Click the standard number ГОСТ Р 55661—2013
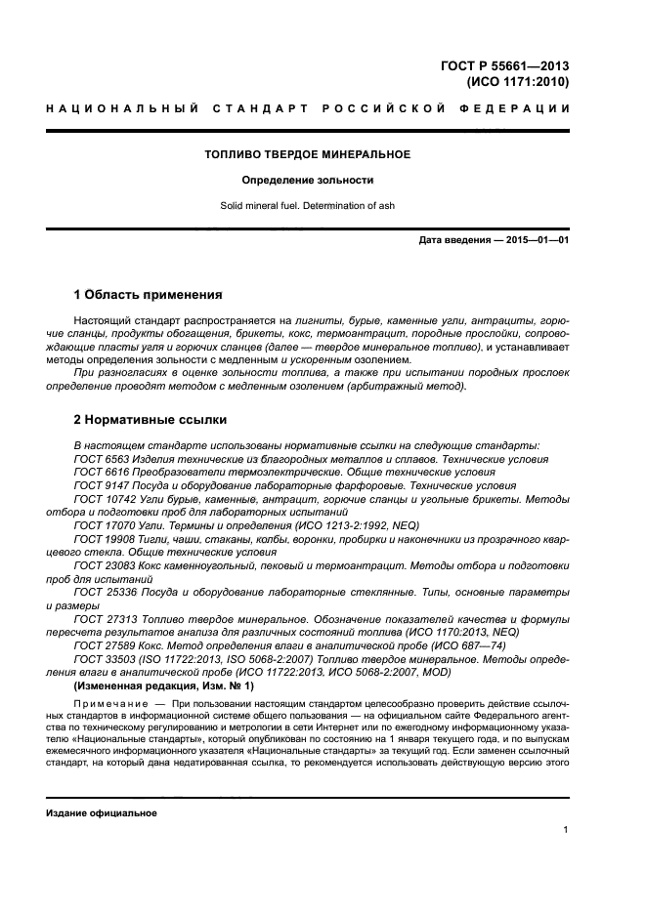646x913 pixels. [x=504, y=65]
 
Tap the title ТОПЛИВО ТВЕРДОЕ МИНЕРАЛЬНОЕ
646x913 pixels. [x=307, y=154]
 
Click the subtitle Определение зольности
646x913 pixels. [x=307, y=180]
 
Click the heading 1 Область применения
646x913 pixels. [x=149, y=294]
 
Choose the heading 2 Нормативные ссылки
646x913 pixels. [x=151, y=420]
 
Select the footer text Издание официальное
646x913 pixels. [x=102, y=812]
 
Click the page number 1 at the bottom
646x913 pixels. [x=566, y=830]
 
